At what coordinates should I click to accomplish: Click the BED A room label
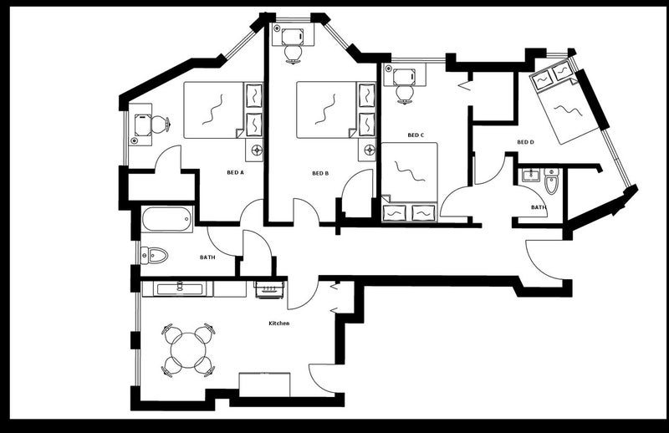coord(235,173)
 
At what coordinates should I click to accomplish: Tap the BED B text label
coord(320,173)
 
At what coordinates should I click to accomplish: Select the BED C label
coord(416,135)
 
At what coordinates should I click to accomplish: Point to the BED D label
coord(525,142)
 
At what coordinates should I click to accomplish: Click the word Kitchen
coord(279,323)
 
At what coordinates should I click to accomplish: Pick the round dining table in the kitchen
coord(188,350)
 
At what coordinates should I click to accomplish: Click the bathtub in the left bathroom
coord(166,219)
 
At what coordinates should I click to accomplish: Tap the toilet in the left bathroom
coord(154,256)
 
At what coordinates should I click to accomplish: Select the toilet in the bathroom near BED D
coord(551,181)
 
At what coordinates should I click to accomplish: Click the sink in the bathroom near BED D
coord(531,175)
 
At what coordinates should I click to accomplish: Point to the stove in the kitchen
coord(269,289)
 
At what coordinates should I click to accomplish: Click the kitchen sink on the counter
coord(180,289)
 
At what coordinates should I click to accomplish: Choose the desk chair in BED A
coord(160,125)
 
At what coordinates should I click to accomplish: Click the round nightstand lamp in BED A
coord(257,150)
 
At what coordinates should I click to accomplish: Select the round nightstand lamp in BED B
coord(370,150)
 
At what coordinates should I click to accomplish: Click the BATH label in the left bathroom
coord(207,257)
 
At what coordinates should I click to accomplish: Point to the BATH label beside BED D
coord(539,207)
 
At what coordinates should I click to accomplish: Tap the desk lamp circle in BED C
coord(388,69)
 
